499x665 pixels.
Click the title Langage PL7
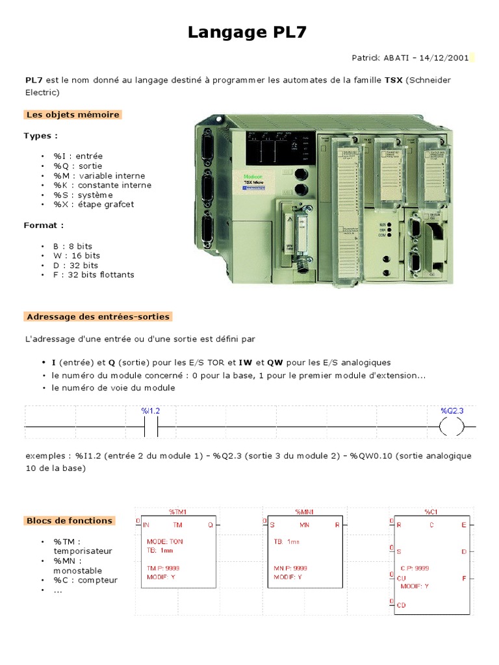click(x=249, y=32)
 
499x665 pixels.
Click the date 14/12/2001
click(x=444, y=58)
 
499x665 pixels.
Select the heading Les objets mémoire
click(x=73, y=115)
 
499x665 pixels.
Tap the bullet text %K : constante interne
click(x=103, y=185)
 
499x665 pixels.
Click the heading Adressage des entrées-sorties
click(x=98, y=317)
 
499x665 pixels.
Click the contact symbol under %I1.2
click(x=150, y=427)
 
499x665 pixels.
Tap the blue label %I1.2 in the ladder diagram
click(x=150, y=411)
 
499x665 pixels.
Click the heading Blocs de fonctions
click(x=70, y=521)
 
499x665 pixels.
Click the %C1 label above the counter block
click(x=431, y=512)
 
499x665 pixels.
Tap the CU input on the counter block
click(x=402, y=577)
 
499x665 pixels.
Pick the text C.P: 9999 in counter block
click(x=415, y=568)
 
